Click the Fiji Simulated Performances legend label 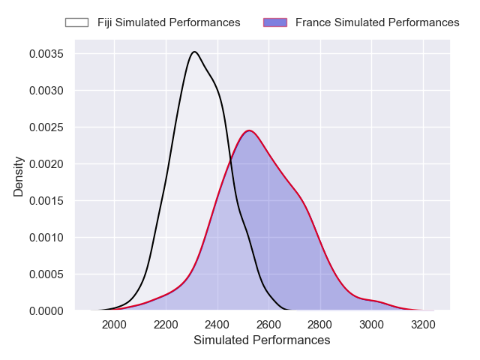click(x=169, y=22)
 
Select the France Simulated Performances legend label click(x=377, y=22)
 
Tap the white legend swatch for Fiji click(x=76, y=22)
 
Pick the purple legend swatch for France click(x=274, y=22)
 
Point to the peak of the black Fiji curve click(x=194, y=52)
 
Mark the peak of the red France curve click(x=249, y=130)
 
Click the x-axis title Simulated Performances click(x=262, y=340)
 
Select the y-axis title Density click(x=19, y=177)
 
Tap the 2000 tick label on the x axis click(x=114, y=325)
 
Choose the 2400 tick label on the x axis click(x=217, y=325)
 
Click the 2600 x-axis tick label click(x=268, y=325)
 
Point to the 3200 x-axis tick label click(x=423, y=325)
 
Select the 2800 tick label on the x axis click(x=320, y=325)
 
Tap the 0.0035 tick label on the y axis click(x=46, y=54)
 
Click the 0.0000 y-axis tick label click(x=46, y=310)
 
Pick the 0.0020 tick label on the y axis click(x=46, y=164)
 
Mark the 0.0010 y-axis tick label click(x=46, y=238)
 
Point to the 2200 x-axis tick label click(x=166, y=325)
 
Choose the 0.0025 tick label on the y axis click(x=46, y=127)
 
